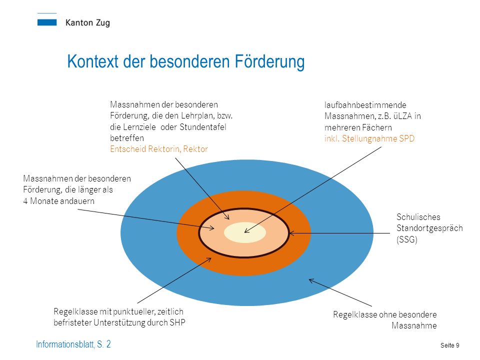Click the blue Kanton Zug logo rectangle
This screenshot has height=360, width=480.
(x=47, y=22)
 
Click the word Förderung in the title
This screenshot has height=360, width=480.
(x=269, y=61)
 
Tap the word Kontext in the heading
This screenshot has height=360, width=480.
(x=92, y=61)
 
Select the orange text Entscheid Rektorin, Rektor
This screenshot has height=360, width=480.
(x=159, y=149)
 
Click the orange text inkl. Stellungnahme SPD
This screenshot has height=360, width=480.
(x=369, y=138)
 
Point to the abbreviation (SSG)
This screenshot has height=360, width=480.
(x=407, y=239)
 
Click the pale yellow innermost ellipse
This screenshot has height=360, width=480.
(x=245, y=232)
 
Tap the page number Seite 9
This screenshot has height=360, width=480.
(x=449, y=345)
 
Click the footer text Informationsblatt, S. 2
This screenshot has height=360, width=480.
(x=73, y=344)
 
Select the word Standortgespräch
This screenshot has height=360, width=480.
(x=429, y=228)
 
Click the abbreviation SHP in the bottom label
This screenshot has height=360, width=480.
(x=177, y=322)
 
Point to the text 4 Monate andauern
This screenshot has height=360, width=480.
(x=59, y=201)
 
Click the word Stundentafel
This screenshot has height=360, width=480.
(x=202, y=127)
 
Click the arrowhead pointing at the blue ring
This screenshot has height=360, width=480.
(x=311, y=280)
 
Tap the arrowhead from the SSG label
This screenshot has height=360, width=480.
(x=291, y=233)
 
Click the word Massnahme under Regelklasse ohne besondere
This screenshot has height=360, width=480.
(x=414, y=325)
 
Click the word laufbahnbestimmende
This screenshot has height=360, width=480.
(x=365, y=105)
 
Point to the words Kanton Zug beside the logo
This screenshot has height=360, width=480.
(x=87, y=23)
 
